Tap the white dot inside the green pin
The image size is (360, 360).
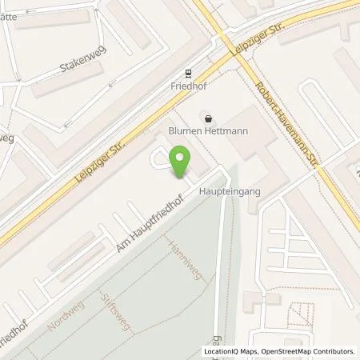(x=183, y=158)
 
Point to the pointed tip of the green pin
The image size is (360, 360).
(x=183, y=178)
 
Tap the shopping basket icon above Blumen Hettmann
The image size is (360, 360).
(x=209, y=119)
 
